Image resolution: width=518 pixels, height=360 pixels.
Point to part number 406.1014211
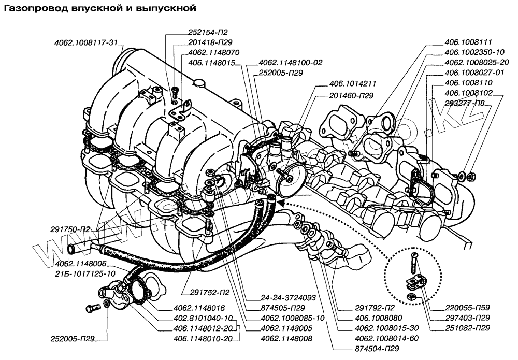click(348, 83)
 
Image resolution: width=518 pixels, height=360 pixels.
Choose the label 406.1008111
click(468, 42)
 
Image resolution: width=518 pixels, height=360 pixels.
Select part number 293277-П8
click(467, 103)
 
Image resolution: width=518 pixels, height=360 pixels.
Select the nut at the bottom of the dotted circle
click(411, 297)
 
